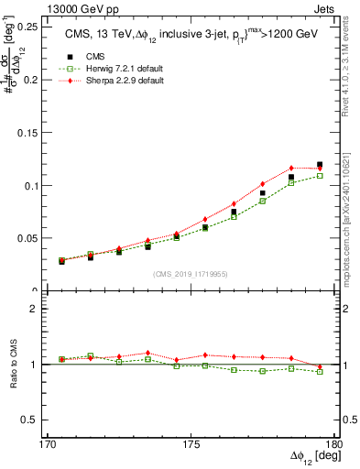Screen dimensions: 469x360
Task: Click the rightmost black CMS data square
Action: [x=320, y=165]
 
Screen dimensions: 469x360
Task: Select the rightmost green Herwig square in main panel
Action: [x=320, y=176]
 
